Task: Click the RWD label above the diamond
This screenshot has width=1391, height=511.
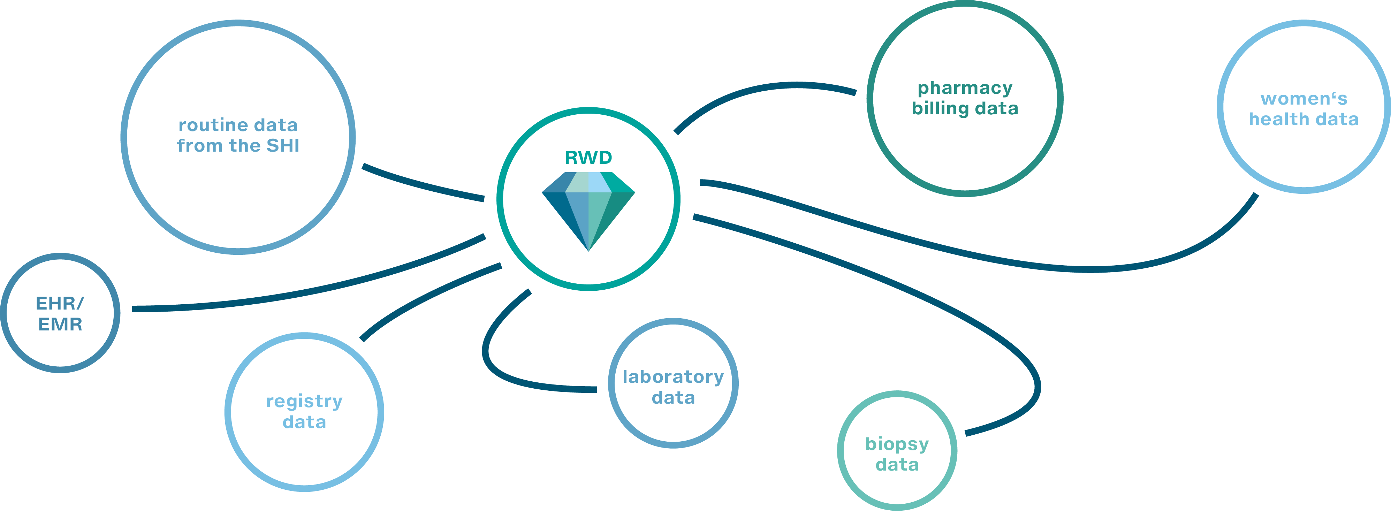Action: click(x=588, y=158)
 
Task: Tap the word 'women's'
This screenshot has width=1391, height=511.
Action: click(x=1303, y=99)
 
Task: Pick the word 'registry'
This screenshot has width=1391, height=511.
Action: click(x=304, y=401)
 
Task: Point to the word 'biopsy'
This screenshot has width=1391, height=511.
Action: click(x=897, y=444)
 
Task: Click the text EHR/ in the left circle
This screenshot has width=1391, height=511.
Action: click(x=60, y=304)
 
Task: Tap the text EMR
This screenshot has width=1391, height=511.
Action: click(x=60, y=324)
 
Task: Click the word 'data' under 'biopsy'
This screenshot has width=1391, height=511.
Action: click(x=897, y=465)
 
